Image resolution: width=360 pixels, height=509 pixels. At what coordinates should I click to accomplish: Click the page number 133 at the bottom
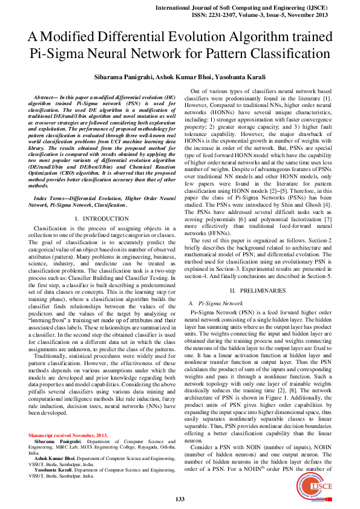(180, 499)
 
